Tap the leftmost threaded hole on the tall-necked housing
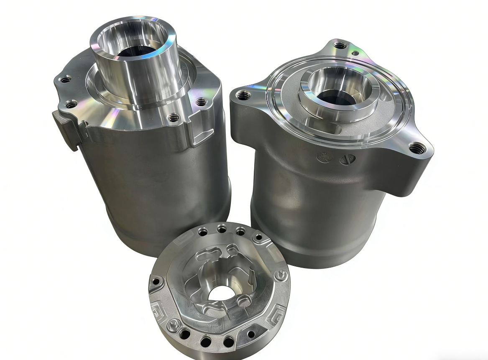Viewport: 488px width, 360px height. click(64, 79)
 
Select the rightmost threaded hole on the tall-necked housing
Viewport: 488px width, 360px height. click(201, 101)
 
